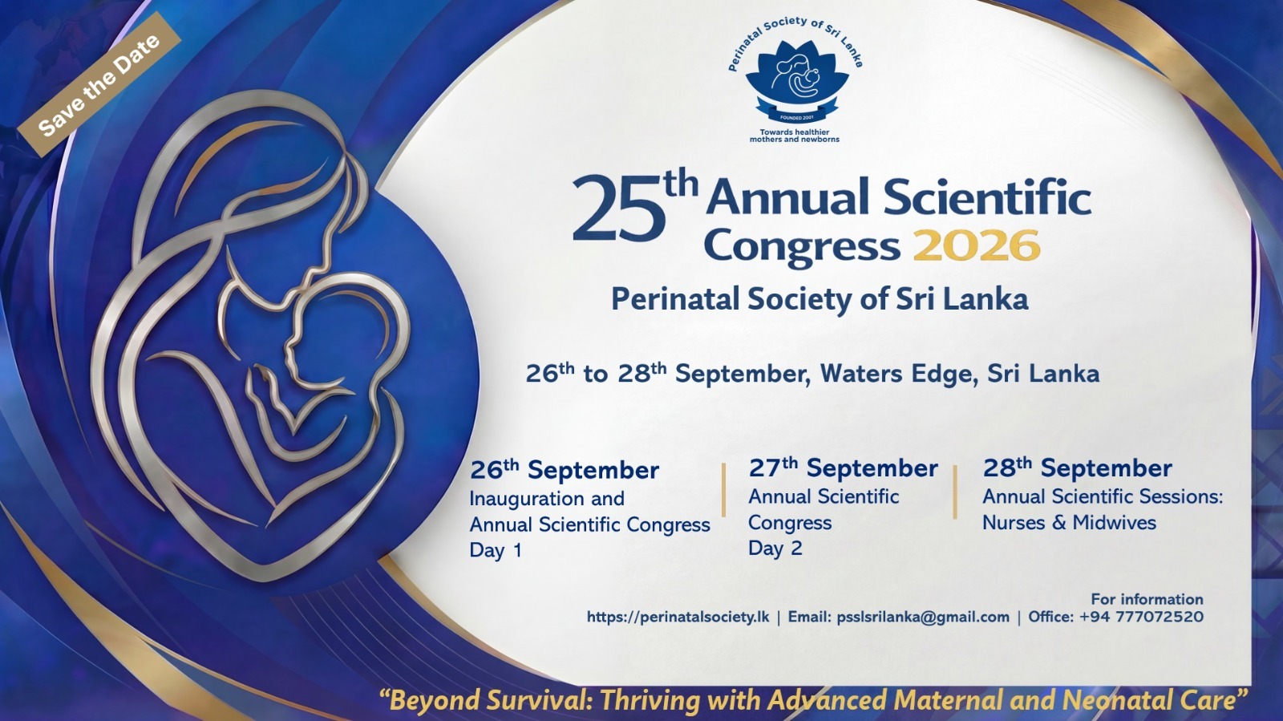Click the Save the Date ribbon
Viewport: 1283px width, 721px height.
point(99,83)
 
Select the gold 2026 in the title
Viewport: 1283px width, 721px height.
point(976,245)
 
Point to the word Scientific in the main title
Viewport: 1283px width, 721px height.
point(986,196)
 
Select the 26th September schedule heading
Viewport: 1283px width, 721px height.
point(565,470)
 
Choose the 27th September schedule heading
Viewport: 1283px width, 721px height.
point(843,468)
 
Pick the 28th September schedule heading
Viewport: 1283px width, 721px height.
point(1078,468)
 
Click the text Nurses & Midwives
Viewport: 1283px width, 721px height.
point(1070,522)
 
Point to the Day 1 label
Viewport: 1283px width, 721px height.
point(496,550)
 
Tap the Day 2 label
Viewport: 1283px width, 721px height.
point(775,548)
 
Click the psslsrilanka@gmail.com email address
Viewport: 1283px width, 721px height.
point(923,617)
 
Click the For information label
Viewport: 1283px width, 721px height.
point(1147,599)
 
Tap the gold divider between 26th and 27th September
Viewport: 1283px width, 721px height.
point(723,490)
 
